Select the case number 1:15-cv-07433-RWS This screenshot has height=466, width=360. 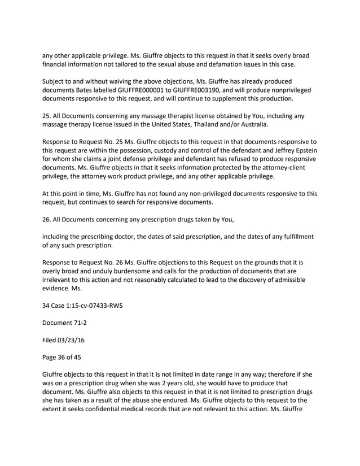[x=91, y=306]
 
